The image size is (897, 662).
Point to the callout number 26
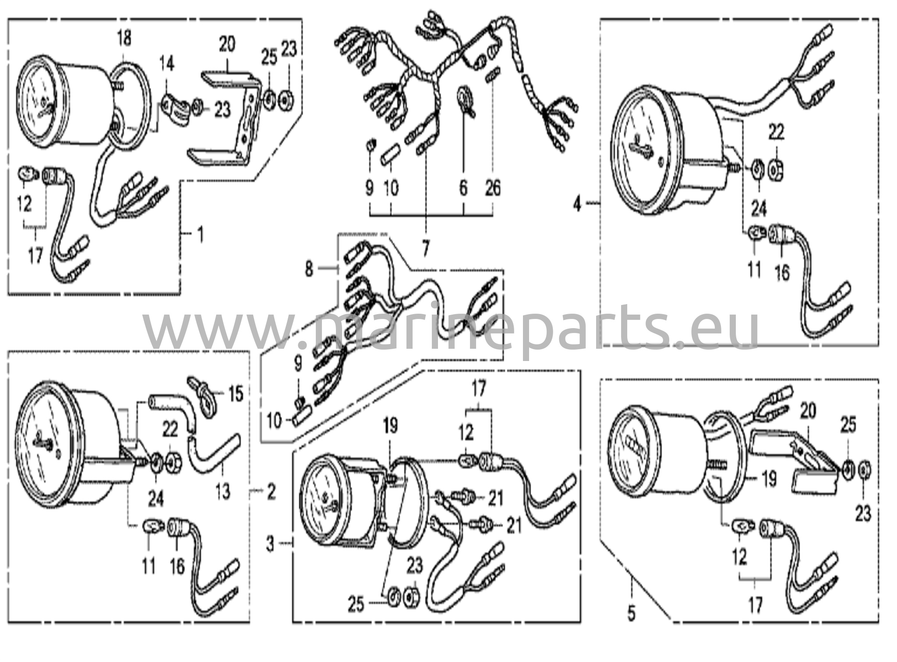pyautogui.click(x=493, y=189)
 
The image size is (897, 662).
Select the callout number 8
pyautogui.click(x=309, y=269)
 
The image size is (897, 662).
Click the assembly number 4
pyautogui.click(x=578, y=203)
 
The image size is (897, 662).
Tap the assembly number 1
pyautogui.click(x=201, y=235)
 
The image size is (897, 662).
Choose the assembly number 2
pyautogui.click(x=272, y=492)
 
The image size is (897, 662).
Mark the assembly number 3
pyautogui.click(x=271, y=545)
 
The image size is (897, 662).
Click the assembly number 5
pyautogui.click(x=631, y=613)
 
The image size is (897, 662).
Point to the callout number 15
pyautogui.click(x=236, y=394)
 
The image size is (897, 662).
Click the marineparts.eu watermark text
pyautogui.click(x=451, y=326)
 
